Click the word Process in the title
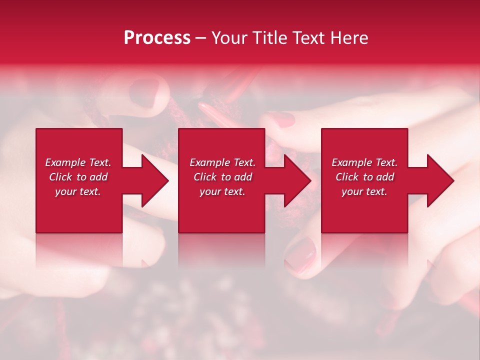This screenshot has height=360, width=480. (x=157, y=38)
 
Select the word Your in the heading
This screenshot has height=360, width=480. (x=229, y=38)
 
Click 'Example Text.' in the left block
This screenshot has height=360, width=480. (x=78, y=162)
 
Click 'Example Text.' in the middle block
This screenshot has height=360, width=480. (x=222, y=162)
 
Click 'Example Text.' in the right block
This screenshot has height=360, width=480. (x=364, y=162)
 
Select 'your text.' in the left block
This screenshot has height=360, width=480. (x=78, y=191)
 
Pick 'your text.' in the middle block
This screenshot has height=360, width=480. (x=222, y=191)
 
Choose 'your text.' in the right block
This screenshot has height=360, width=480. (x=364, y=191)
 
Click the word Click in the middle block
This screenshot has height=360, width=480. (x=205, y=177)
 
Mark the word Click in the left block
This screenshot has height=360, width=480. (x=60, y=177)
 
